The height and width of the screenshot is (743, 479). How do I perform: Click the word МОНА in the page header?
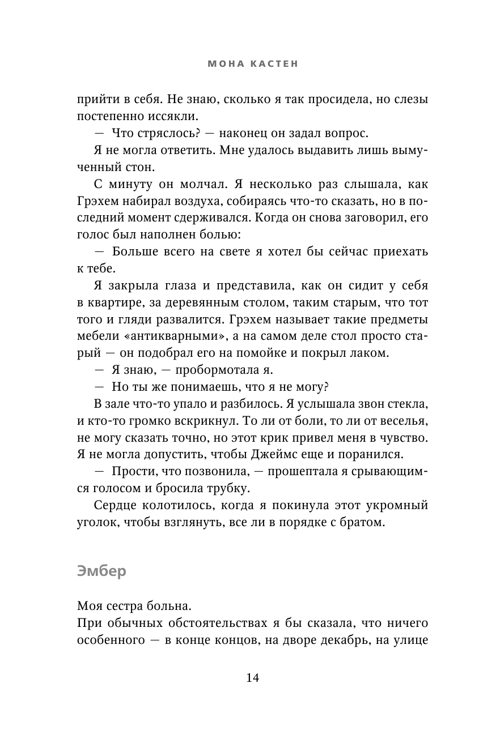pos(222,65)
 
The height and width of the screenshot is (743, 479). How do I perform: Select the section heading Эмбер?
pos(101,571)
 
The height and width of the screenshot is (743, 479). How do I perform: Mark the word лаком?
pos(371,353)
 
